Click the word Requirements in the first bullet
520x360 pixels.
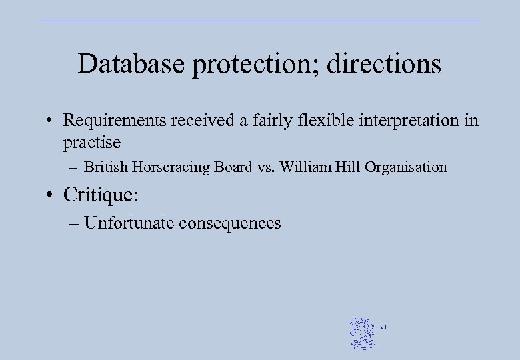click(x=115, y=121)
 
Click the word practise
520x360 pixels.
click(x=92, y=142)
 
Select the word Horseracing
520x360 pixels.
click(x=171, y=167)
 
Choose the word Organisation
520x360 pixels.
click(x=406, y=167)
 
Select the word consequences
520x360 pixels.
click(x=230, y=223)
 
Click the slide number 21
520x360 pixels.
click(x=384, y=327)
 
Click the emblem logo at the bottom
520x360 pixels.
click(x=362, y=333)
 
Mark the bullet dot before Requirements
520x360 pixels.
click(x=49, y=121)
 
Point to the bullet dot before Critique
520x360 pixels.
click(x=49, y=195)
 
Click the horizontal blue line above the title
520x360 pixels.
click(x=260, y=21)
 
